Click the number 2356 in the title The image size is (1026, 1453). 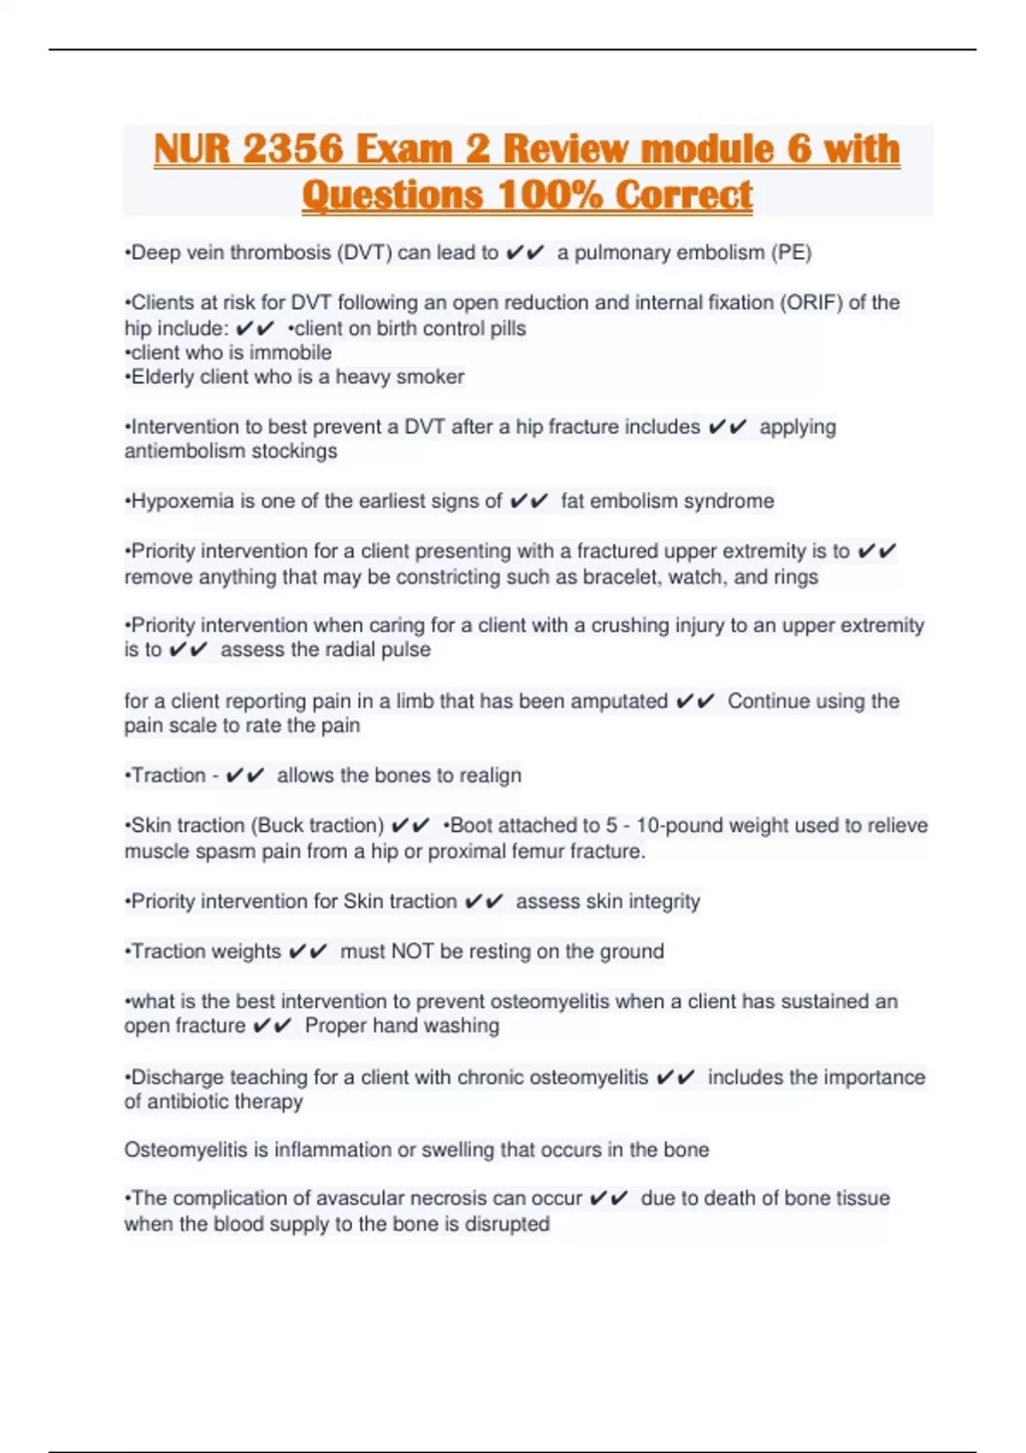click(292, 149)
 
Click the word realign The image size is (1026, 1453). click(490, 775)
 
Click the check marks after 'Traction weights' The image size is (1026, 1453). click(308, 951)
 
